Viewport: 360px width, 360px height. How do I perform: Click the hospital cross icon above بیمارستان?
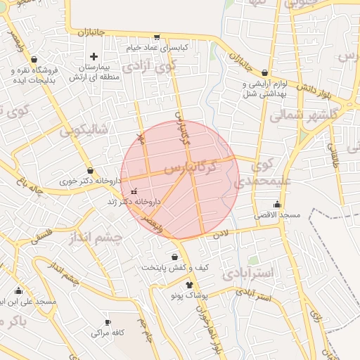pos(94,56)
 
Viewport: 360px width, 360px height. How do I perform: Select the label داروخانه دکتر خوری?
pos(90,181)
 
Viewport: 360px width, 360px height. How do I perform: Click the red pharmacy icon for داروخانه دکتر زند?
pos(134,191)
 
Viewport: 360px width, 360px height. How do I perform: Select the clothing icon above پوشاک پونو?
pos(188,284)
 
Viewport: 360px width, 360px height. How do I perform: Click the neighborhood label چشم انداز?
pos(96,238)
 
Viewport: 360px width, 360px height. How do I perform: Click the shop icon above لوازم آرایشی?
pos(264,72)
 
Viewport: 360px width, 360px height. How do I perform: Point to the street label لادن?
pos(221,231)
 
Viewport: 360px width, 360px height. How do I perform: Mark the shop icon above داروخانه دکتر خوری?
pos(90,171)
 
